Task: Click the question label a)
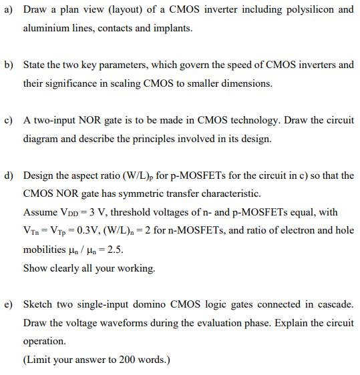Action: coord(9,10)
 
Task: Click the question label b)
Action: coord(9,65)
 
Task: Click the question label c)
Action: coord(9,120)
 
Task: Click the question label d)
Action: coord(9,175)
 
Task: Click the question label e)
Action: coord(9,304)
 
